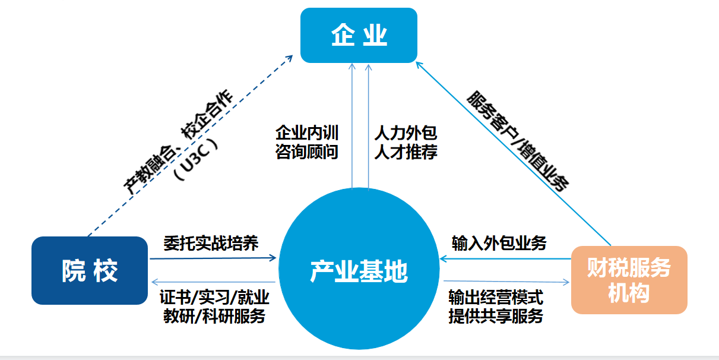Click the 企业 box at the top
click(359, 35)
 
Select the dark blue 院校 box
click(90, 271)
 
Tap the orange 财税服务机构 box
click(629, 280)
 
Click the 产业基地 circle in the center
click(359, 271)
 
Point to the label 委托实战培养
click(211, 244)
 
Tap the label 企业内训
click(306, 132)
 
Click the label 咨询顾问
click(306, 152)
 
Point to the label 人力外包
click(406, 132)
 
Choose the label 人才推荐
click(406, 152)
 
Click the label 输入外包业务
click(499, 244)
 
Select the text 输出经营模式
click(496, 297)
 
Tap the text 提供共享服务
click(496, 316)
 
